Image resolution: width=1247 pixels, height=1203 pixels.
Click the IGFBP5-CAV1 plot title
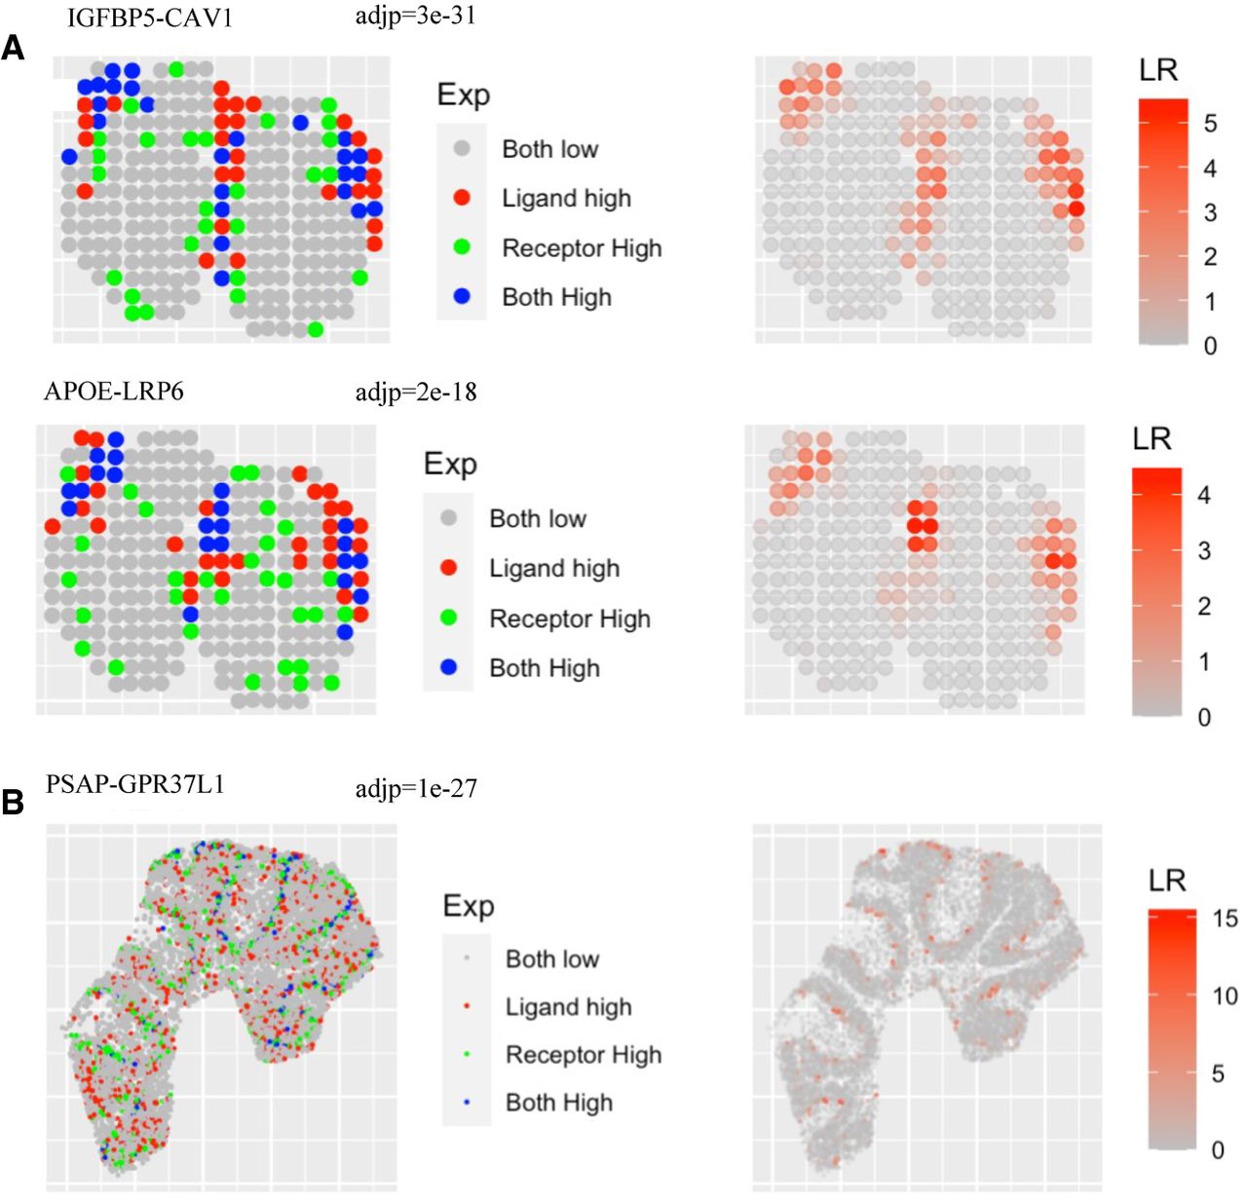point(149,18)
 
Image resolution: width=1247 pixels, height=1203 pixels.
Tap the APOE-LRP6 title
point(113,391)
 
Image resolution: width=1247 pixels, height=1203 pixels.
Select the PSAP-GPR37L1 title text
point(135,784)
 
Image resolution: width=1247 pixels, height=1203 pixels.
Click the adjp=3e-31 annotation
point(416,16)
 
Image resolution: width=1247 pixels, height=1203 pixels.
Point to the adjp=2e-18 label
point(416,392)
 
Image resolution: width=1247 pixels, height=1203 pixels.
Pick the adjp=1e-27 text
point(416,788)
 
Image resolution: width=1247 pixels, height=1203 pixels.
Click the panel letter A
point(13,48)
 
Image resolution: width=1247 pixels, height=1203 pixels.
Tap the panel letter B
point(13,803)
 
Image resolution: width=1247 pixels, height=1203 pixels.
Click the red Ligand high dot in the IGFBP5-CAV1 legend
point(462,198)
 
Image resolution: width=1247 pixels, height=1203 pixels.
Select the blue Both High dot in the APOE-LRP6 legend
point(448,667)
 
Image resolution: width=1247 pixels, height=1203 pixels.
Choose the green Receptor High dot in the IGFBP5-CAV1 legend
point(462,247)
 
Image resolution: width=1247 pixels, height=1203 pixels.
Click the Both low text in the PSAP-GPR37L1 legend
point(552,959)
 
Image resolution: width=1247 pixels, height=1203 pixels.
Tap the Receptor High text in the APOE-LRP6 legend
point(570,619)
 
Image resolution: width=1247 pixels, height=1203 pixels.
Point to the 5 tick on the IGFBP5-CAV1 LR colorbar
point(1210,123)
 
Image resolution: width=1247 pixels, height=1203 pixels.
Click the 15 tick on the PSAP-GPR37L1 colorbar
point(1226,919)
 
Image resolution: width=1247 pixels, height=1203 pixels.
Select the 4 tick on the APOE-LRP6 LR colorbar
point(1204,495)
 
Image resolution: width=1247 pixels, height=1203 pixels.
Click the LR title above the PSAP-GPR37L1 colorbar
point(1167,882)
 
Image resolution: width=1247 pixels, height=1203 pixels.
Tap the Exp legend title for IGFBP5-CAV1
point(464,94)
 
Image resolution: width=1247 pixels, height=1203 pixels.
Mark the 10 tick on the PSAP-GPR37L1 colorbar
point(1226,996)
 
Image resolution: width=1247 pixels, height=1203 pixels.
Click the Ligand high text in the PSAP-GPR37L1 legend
point(568,1007)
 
